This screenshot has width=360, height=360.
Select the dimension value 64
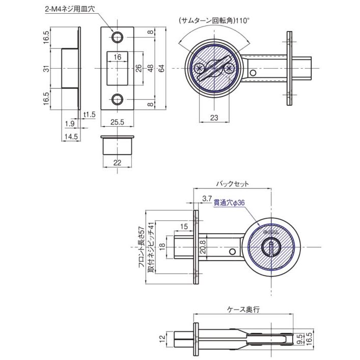(x=162, y=68)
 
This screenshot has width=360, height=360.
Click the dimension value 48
(x=150, y=68)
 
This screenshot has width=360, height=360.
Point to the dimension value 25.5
(x=118, y=122)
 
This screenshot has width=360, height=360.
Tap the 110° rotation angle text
(x=243, y=21)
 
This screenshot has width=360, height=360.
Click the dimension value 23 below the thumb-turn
(x=214, y=118)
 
